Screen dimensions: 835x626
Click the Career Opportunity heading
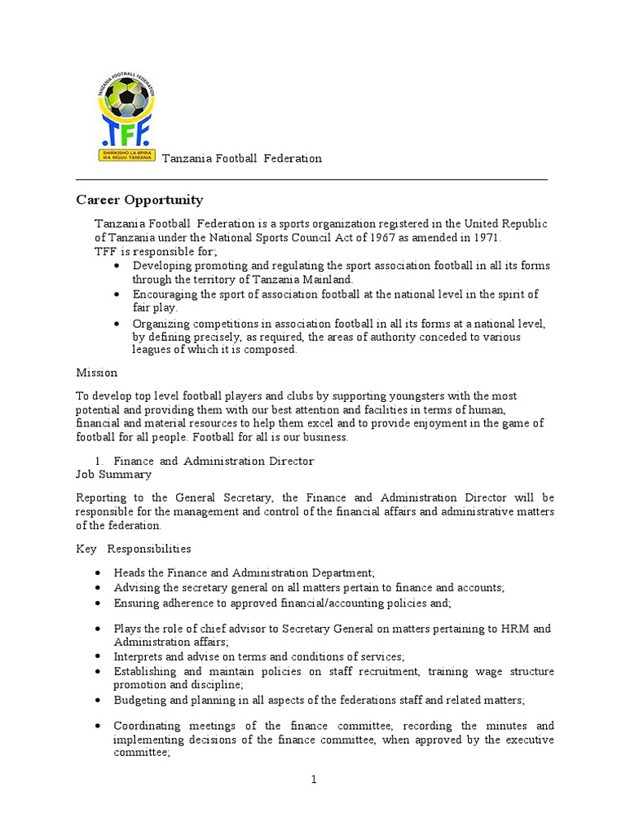139,200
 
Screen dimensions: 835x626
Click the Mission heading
97,373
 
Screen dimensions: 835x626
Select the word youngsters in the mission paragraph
398,395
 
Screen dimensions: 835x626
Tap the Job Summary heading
113,474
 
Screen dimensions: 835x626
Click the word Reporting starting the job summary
103,497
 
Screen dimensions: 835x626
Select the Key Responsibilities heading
134,549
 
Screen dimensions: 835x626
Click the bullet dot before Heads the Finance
98,574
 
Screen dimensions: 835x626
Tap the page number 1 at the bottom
313,780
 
